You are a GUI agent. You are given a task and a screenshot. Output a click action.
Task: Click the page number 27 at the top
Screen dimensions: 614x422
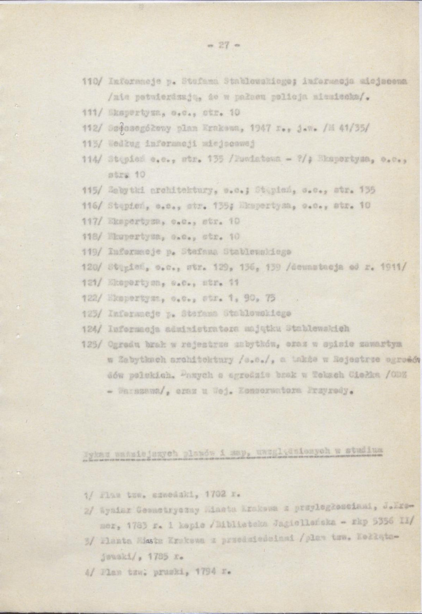coord(224,45)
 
